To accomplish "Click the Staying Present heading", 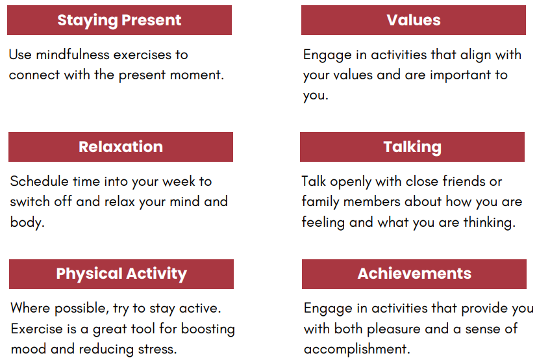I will (x=119, y=20).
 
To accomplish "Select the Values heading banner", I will (x=414, y=20).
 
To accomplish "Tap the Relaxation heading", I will (x=121, y=147).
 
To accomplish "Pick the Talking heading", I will (x=412, y=147).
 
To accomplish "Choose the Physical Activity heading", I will (x=121, y=274).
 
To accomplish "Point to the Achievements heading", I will (x=414, y=274).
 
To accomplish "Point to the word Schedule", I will (x=36, y=181).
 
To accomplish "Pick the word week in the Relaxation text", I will (x=177, y=181).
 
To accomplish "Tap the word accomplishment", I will (x=356, y=348).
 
